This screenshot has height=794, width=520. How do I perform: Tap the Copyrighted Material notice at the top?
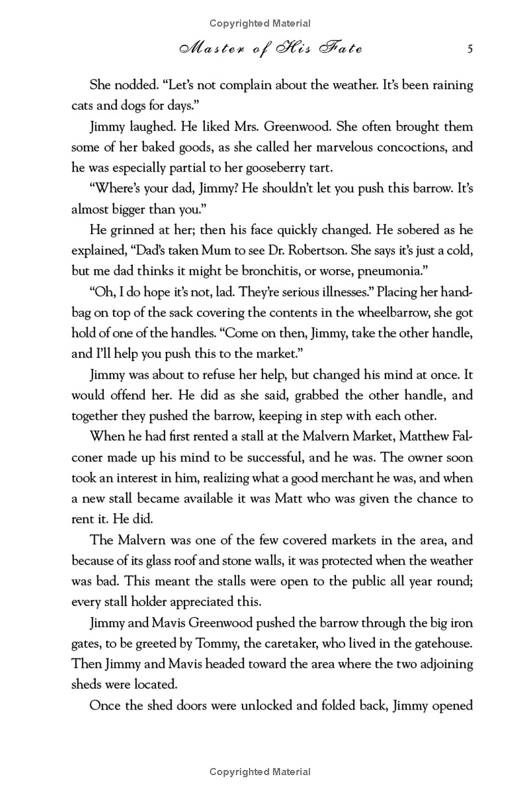pyautogui.click(x=259, y=23)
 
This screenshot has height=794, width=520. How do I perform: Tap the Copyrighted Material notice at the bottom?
pyautogui.click(x=259, y=772)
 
